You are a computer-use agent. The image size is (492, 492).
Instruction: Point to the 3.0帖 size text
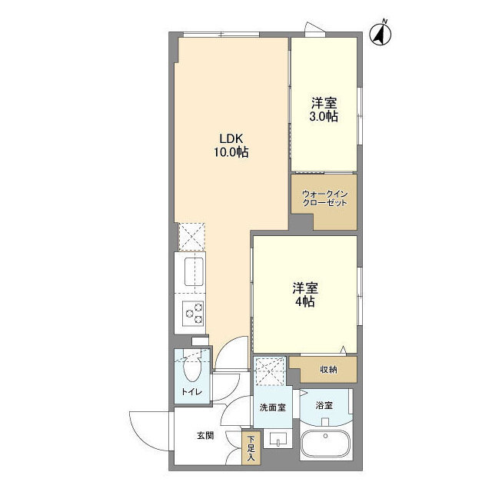point(324,117)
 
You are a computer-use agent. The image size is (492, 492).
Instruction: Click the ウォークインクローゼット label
point(324,198)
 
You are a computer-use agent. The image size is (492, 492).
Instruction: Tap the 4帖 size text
point(304,302)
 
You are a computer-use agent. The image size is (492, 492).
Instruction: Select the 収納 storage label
point(328,370)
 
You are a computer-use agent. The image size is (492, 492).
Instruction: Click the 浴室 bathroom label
point(324,404)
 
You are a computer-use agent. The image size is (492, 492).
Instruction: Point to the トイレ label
point(191,393)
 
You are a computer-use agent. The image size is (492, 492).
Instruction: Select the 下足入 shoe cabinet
point(251,449)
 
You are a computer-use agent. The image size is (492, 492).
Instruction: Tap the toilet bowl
point(192,371)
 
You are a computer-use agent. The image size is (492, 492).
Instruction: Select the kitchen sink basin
point(192,271)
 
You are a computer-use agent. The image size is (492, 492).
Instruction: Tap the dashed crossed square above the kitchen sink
point(192,237)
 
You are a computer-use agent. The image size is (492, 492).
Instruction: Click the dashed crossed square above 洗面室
point(270,373)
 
